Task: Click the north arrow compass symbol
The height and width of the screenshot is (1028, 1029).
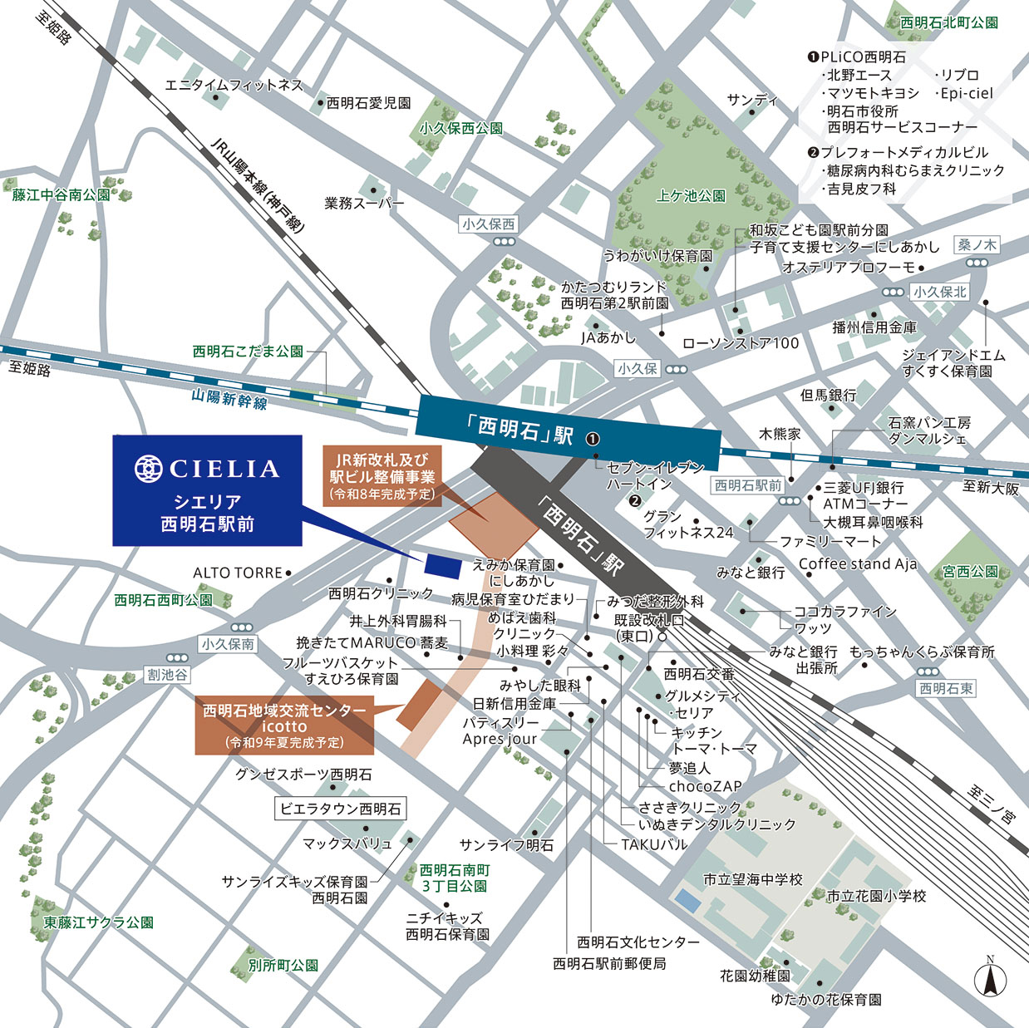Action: click(x=990, y=978)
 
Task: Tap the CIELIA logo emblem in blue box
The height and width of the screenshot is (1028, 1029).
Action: click(x=149, y=469)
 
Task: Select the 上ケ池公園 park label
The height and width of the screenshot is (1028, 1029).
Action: click(x=691, y=196)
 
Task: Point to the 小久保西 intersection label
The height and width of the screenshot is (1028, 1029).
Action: click(x=489, y=224)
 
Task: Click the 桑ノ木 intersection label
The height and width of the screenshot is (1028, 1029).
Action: click(x=977, y=245)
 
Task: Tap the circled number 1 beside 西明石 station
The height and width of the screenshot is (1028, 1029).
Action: click(x=593, y=439)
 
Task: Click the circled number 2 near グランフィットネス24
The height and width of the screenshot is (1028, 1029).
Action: click(x=635, y=500)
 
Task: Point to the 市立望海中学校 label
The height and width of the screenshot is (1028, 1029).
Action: click(x=752, y=879)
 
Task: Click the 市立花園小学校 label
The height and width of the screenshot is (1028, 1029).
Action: click(x=876, y=896)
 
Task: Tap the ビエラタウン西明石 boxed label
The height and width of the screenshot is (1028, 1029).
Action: click(x=341, y=809)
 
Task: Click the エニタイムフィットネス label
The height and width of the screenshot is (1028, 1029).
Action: click(x=234, y=85)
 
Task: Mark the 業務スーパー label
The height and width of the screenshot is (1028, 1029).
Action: click(x=364, y=203)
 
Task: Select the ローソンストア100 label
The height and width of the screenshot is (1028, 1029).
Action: click(x=740, y=343)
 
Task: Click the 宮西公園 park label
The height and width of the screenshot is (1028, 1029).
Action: click(x=970, y=572)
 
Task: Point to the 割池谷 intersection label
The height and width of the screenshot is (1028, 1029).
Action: click(x=168, y=675)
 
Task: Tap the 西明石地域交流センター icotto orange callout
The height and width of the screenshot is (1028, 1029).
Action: click(x=284, y=726)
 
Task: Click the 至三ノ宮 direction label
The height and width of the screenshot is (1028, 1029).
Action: click(x=992, y=804)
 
